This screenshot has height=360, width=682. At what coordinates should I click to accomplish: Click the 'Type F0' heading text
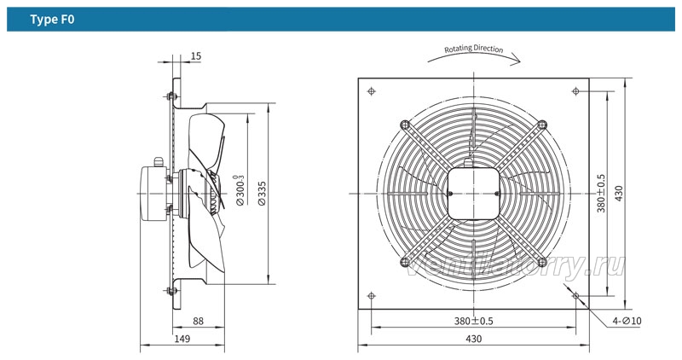click(x=52, y=20)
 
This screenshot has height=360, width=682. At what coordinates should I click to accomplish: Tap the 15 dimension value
click(x=196, y=56)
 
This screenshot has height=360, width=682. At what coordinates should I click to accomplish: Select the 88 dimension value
click(x=198, y=321)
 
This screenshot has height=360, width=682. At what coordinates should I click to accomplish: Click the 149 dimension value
click(x=182, y=338)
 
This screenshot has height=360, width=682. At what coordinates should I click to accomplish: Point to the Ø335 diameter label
click(x=262, y=194)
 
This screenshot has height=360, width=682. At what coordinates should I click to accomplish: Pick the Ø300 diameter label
click(x=240, y=190)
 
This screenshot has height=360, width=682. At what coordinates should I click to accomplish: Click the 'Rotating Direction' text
click(x=474, y=49)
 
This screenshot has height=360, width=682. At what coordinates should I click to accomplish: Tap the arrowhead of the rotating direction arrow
click(x=517, y=60)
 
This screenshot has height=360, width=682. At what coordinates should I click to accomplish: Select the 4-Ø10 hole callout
click(x=627, y=321)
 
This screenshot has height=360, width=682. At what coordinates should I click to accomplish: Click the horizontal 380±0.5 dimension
click(x=474, y=321)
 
